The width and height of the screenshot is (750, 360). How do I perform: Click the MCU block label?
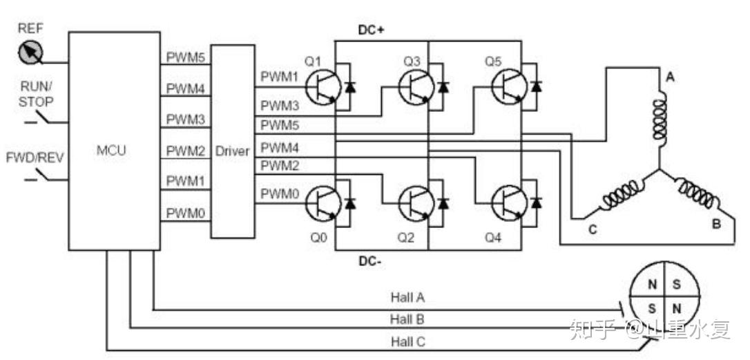112,149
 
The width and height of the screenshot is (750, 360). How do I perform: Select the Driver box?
232,151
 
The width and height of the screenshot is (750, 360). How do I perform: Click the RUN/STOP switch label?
36,93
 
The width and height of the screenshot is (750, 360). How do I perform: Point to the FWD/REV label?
35,157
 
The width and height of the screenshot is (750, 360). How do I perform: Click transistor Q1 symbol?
322,87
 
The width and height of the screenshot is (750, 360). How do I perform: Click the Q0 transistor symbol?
322,202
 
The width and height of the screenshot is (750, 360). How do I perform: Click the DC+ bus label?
371,30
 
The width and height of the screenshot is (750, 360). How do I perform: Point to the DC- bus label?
371,260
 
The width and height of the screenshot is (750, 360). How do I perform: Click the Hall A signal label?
407,297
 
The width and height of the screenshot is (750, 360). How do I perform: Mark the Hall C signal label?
407,341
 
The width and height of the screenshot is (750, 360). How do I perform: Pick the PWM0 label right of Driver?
279,195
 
